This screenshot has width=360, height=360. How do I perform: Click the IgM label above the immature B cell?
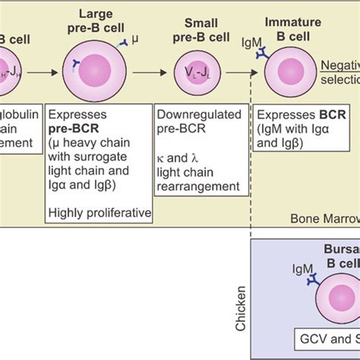point(248,39)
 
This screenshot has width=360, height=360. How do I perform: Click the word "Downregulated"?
point(191,115)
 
